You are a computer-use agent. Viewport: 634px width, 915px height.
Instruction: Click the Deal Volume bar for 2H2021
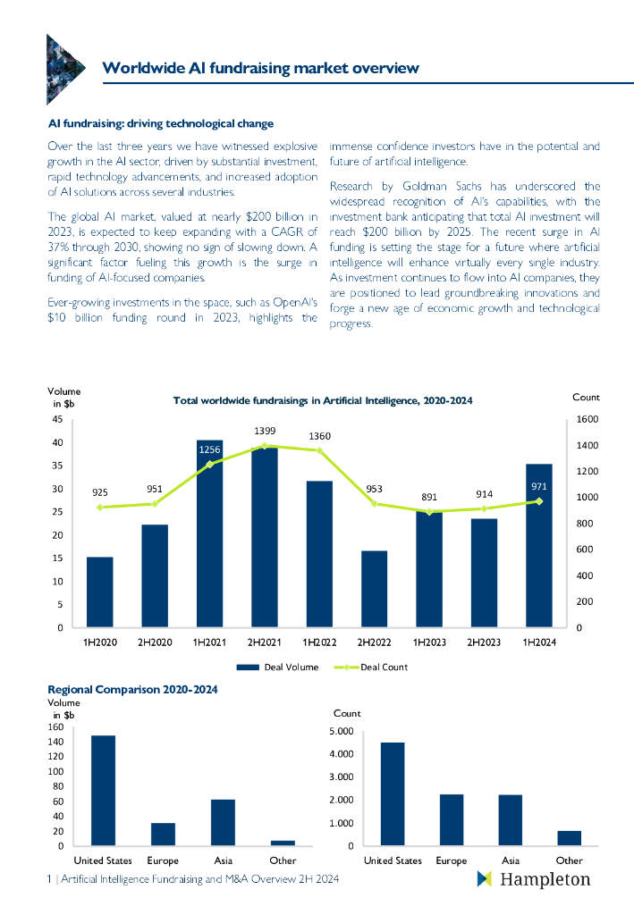(x=264, y=536)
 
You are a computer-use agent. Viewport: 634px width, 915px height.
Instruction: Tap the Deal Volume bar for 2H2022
(x=374, y=589)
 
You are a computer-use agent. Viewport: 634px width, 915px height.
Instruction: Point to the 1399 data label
(x=264, y=431)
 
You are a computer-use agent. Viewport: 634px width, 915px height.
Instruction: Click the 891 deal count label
(x=429, y=498)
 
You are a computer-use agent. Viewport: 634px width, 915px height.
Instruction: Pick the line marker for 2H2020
(x=155, y=503)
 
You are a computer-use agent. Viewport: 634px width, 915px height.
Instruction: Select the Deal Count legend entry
(x=371, y=667)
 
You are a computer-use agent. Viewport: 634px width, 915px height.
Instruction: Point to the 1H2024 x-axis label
(x=538, y=642)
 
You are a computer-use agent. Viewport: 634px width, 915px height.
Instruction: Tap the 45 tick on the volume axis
(x=56, y=419)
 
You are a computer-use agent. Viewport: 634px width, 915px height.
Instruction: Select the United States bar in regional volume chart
(x=103, y=790)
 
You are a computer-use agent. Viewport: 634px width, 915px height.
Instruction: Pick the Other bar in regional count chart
(x=570, y=837)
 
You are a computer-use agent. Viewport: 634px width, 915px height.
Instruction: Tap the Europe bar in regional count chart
(x=452, y=819)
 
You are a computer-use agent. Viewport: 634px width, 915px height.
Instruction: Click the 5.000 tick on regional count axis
(x=343, y=732)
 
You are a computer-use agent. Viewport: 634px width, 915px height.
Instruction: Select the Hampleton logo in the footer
(x=534, y=879)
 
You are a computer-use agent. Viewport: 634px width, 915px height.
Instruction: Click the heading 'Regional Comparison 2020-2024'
(x=132, y=690)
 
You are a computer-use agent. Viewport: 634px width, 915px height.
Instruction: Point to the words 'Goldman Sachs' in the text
(x=415, y=186)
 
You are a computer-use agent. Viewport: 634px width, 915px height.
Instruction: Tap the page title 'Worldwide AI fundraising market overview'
(x=260, y=68)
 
